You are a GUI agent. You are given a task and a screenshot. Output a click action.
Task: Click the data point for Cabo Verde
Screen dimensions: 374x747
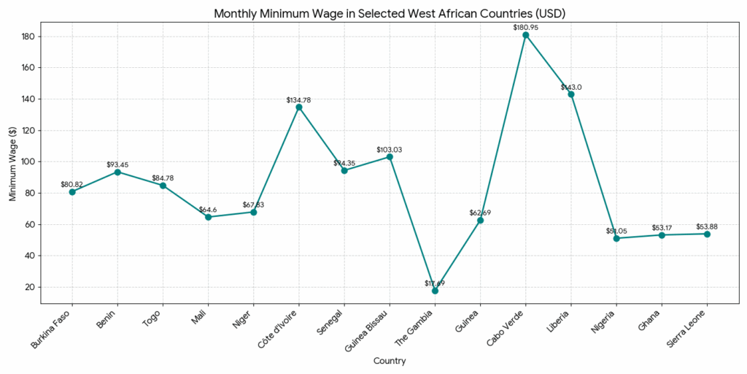pos(525,35)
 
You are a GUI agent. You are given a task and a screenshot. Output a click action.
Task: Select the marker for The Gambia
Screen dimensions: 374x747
pos(435,291)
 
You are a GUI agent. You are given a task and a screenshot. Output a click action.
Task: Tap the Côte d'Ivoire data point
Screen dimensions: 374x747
pos(298,107)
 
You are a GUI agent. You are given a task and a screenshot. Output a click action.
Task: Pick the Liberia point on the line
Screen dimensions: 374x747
pos(571,94)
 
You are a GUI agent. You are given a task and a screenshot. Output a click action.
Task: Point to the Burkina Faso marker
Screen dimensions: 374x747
pos(71,192)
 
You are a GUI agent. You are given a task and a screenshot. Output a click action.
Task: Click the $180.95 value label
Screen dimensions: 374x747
pos(525,27)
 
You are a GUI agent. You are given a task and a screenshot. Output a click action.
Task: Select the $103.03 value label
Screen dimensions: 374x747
pos(389,150)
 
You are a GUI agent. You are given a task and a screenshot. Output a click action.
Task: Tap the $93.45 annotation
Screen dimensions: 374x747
pos(117,164)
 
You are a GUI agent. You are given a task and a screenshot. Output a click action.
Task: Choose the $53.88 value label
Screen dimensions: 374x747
pos(706,226)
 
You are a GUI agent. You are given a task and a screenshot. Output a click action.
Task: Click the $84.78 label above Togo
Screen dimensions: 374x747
pos(163,178)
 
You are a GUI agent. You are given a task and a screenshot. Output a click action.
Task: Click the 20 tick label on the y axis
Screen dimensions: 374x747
pos(30,287)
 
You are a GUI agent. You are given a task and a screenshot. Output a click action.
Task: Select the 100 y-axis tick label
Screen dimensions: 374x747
pos(28,162)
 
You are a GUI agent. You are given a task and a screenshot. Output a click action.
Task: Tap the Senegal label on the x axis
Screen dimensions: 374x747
pos(335,322)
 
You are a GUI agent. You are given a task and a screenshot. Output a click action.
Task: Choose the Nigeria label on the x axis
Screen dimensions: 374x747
pos(607,322)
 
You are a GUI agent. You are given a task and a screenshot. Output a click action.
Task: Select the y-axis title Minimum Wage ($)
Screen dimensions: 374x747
pos(13,163)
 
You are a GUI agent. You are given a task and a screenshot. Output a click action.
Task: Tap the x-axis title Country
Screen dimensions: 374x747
pos(389,361)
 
